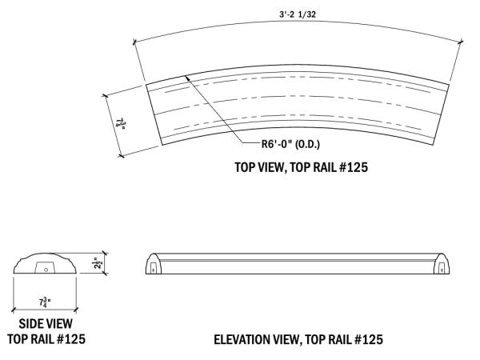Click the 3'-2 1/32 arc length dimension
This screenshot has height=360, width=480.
[298, 14]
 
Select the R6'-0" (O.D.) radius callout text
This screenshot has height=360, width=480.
[290, 144]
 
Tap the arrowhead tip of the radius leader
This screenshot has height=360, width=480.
[186, 76]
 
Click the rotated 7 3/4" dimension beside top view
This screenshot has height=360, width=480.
[121, 124]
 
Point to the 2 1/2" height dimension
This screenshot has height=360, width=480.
[98, 263]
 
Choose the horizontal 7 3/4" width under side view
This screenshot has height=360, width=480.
[45, 302]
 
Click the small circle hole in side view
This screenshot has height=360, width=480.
[46, 270]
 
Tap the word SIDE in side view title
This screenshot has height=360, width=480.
[30, 324]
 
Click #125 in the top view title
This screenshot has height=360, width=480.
[354, 167]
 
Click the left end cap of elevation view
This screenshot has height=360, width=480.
[153, 263]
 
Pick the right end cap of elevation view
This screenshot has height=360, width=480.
[442, 263]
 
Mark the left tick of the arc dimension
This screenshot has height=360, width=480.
[134, 42]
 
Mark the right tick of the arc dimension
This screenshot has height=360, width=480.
[461, 42]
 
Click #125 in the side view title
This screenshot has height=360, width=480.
[70, 339]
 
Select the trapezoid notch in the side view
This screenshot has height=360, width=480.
[46, 267]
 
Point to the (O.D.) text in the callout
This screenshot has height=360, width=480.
[307, 144]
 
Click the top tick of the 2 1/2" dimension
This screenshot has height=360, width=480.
[105, 253]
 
